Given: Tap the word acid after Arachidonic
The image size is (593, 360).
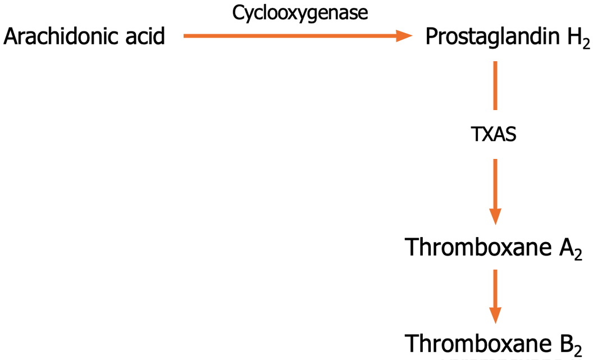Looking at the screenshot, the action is pyautogui.click(x=145, y=37).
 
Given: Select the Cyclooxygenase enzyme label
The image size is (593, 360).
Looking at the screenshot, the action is pyautogui.click(x=300, y=13).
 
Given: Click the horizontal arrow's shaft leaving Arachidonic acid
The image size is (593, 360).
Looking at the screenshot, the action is pyautogui.click(x=290, y=36).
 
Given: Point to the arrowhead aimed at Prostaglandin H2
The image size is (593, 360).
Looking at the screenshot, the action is pyautogui.click(x=404, y=36).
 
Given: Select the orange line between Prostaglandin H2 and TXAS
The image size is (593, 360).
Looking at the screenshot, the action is pyautogui.click(x=495, y=85).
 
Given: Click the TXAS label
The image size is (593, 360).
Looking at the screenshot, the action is pyautogui.click(x=494, y=134).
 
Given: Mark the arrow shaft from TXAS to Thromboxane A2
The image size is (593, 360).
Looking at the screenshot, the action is pyautogui.click(x=495, y=184).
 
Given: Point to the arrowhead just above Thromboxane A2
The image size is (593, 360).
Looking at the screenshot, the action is pyautogui.click(x=495, y=216).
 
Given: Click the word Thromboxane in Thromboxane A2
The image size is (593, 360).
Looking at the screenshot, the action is pyautogui.click(x=478, y=247).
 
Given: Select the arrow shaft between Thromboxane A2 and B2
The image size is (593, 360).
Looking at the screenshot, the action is pyautogui.click(x=495, y=289).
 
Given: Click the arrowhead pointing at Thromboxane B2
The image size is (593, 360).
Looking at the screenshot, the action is pyautogui.click(x=495, y=316).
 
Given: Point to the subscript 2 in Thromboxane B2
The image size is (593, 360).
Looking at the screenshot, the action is pyautogui.click(x=578, y=351).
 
